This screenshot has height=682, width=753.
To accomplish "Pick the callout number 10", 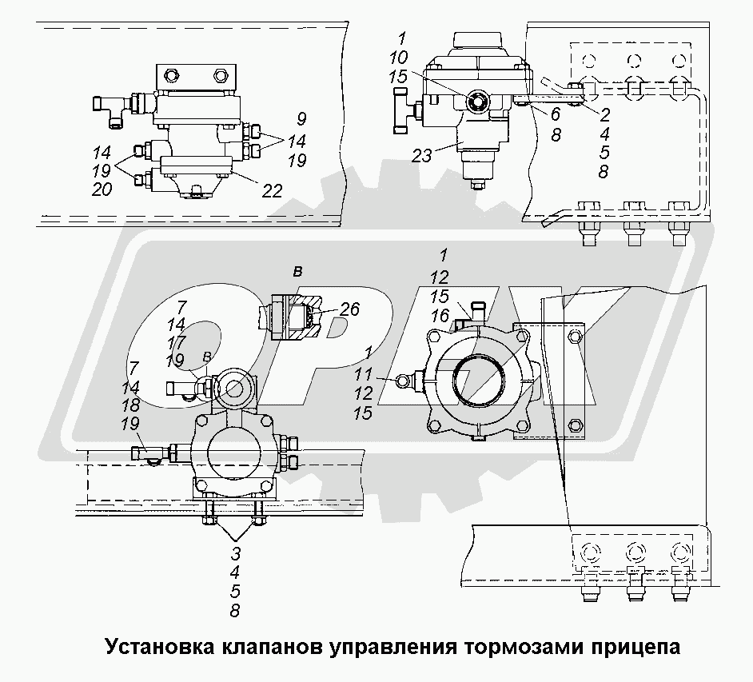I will (400, 58).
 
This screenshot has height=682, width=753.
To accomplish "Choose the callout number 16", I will (440, 317).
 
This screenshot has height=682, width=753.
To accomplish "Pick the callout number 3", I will (236, 552).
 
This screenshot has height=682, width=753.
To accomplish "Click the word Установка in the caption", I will (152, 646).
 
